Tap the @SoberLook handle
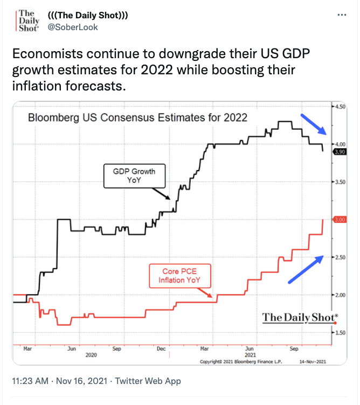tap(73, 27)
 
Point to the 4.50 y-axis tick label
tap(341, 107)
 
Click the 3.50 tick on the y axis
tap(341, 183)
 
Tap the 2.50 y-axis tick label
tap(341, 257)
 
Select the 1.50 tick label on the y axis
tap(341, 332)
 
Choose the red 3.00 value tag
tap(340, 220)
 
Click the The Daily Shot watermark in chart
tap(300, 317)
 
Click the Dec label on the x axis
tap(161, 348)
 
